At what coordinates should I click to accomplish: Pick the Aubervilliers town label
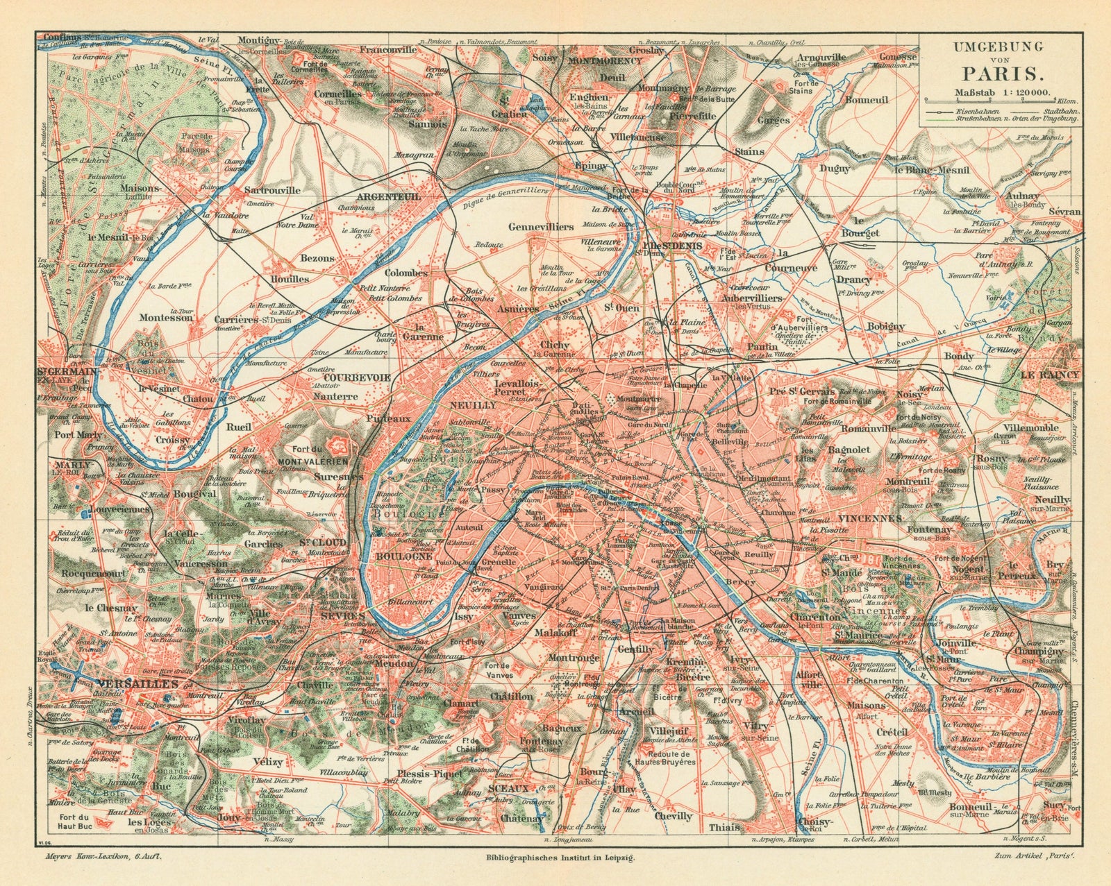click(751, 297)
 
